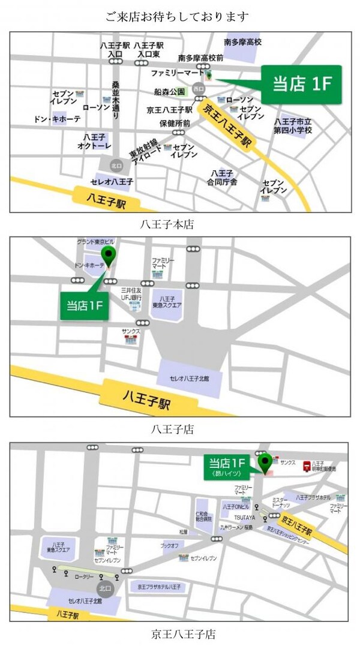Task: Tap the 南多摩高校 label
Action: [242, 42]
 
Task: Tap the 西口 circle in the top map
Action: [198, 89]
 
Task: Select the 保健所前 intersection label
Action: [175, 123]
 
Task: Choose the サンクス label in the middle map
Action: [130, 330]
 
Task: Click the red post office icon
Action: [307, 465]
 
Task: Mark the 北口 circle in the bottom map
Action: [106, 588]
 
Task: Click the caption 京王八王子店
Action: [184, 634]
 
